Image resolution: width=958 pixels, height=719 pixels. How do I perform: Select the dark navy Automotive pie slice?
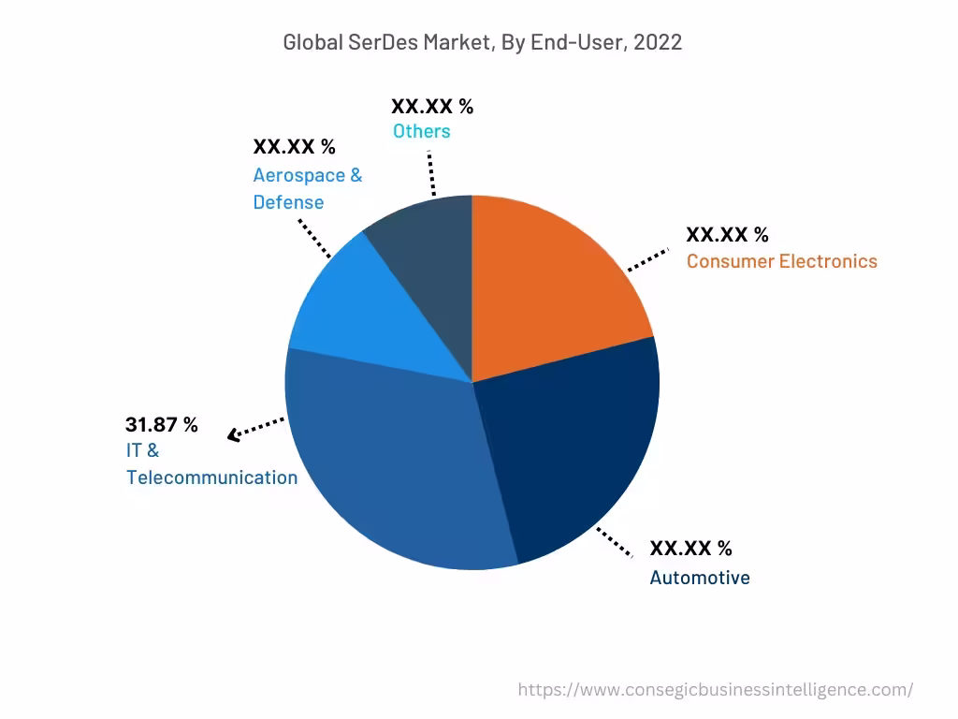pos(571,449)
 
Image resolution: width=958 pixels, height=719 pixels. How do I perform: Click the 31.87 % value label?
pos(162,424)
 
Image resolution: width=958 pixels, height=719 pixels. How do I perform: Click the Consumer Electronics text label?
pos(781,261)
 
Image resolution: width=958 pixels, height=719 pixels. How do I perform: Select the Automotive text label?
pos(700,578)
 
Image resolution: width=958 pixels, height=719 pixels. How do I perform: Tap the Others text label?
pos(421,131)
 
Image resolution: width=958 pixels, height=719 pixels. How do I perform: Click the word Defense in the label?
pos(288,202)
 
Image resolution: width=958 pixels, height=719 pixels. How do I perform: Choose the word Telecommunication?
pos(211,477)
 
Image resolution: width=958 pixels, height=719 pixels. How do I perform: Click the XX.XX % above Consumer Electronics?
pos(727,234)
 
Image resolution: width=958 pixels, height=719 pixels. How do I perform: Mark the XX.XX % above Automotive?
pos(690,548)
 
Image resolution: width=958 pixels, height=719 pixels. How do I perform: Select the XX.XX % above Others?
pos(432,106)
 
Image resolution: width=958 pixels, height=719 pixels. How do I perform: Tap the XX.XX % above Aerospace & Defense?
pos(294,147)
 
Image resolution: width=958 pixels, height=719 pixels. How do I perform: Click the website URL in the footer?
pos(716,690)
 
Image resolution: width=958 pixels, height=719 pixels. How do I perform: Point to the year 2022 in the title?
pos(658,42)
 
